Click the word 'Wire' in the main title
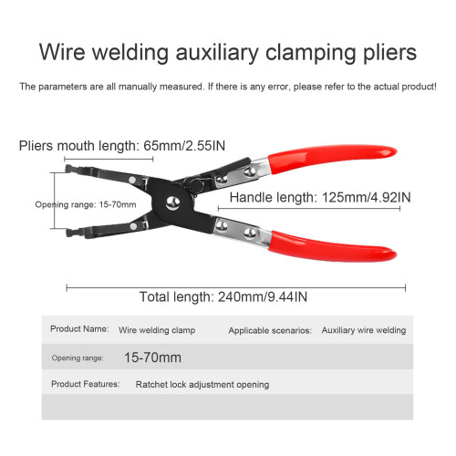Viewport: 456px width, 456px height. coord(62,52)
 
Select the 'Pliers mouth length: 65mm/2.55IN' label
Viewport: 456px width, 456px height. coord(122,146)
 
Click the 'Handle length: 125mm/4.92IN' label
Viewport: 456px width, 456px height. coord(320,198)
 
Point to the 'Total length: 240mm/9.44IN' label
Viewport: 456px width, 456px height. coord(223,297)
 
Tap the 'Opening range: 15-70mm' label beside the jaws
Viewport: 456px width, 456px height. coord(86,204)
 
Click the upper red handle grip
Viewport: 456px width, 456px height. coord(332,158)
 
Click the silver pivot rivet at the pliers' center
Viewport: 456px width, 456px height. coord(172,203)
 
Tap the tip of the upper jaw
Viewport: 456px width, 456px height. coord(67,169)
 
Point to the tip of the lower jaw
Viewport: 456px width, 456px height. coord(68,233)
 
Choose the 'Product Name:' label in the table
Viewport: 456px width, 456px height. coord(79,329)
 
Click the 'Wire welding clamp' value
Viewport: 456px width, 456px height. coord(157,330)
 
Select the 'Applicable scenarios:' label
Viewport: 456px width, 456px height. coord(270,331)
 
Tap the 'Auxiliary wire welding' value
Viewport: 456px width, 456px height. coord(364,330)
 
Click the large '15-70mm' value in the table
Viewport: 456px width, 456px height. coord(152,358)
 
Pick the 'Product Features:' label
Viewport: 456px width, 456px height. coord(86,384)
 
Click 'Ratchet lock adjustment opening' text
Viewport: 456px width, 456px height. coord(202,385)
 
